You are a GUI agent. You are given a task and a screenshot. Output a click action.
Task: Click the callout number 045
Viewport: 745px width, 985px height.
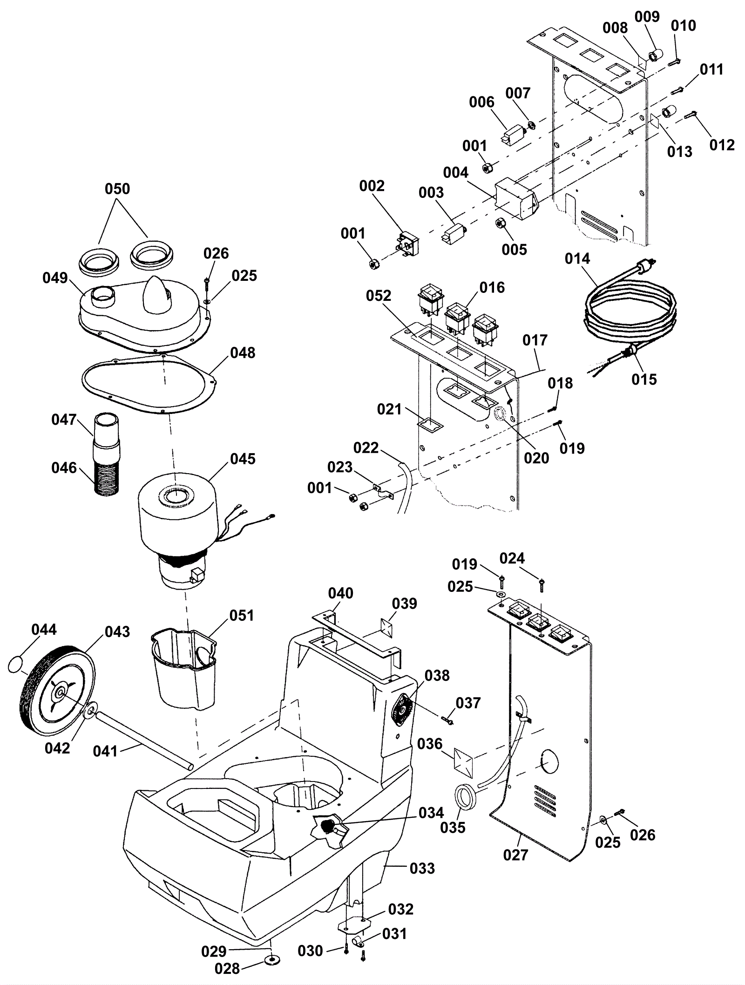point(243,459)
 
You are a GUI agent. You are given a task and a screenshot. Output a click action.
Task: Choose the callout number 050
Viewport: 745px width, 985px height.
point(117,189)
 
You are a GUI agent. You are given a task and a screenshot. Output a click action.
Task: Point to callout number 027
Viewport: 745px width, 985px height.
point(515,855)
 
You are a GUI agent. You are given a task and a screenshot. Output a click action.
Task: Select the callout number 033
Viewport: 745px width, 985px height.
point(422,869)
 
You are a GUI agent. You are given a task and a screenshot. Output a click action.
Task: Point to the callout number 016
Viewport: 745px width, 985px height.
point(492,288)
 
